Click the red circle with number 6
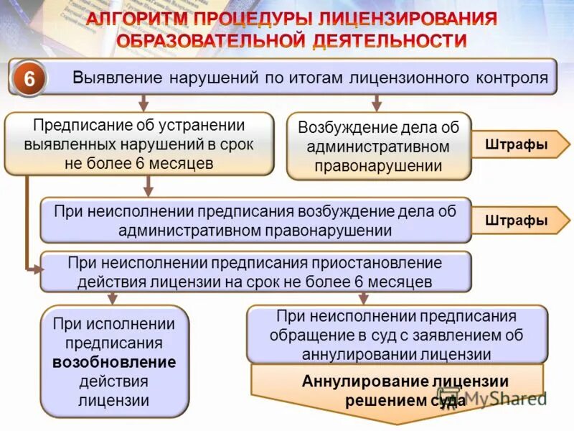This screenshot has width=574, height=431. (29, 78)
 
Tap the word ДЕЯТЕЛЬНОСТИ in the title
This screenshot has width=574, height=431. (388, 41)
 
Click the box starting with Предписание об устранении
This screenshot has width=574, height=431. (139, 144)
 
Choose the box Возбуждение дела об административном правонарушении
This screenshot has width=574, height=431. (378, 147)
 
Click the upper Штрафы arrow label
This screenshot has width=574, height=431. (517, 144)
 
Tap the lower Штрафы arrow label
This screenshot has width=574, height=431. (517, 221)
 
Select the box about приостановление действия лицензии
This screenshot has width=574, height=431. (255, 272)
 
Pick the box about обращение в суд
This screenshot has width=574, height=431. (397, 335)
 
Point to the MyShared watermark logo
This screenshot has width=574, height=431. (495, 397)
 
